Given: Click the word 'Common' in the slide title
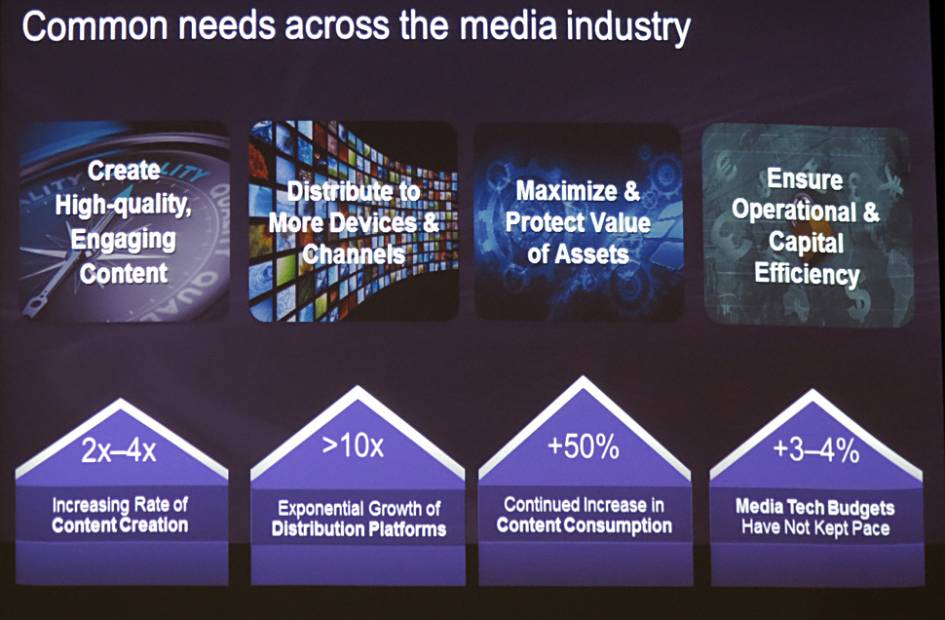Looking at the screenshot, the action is point(94,26).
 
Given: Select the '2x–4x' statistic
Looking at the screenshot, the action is point(119,450).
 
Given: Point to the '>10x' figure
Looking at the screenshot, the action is point(353,446).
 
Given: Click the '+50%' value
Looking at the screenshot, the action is point(584,446).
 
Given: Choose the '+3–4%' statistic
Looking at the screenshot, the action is point(816,450).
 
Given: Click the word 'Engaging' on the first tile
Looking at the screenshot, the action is point(124,241).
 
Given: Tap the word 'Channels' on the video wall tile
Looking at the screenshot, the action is point(354,253).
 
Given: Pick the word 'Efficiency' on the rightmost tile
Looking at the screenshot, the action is point(807,274).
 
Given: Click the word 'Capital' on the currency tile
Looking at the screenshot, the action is point(806,243).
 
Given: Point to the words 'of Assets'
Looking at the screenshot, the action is point(578,253).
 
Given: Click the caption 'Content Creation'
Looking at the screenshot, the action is point(120,525).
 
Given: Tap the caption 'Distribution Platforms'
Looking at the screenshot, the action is point(359,529).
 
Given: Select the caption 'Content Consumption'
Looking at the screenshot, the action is point(584,525).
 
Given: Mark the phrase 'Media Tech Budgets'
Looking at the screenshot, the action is point(814,507).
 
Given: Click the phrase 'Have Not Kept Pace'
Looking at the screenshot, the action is point(815,528).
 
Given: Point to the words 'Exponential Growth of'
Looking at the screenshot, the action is point(359,509).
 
